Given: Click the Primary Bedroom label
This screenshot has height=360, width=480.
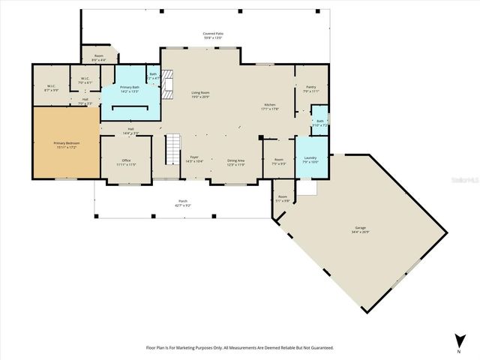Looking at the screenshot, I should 66,144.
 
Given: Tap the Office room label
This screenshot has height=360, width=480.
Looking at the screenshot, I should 126,161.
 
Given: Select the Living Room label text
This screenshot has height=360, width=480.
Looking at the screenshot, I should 199,94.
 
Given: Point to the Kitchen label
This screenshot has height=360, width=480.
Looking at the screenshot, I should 270,106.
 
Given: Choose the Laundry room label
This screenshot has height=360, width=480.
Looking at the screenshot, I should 310,159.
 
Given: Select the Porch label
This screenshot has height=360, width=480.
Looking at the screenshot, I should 182,202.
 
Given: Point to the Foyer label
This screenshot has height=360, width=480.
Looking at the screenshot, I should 193,159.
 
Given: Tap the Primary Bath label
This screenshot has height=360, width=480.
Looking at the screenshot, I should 130,88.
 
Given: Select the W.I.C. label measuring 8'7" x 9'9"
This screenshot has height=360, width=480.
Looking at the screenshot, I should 51,88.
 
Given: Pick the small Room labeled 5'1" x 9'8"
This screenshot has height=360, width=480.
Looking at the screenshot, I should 282,198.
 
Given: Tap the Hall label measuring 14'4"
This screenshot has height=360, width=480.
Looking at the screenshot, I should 130,130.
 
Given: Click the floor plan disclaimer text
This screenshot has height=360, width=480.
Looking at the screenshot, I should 240,347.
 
